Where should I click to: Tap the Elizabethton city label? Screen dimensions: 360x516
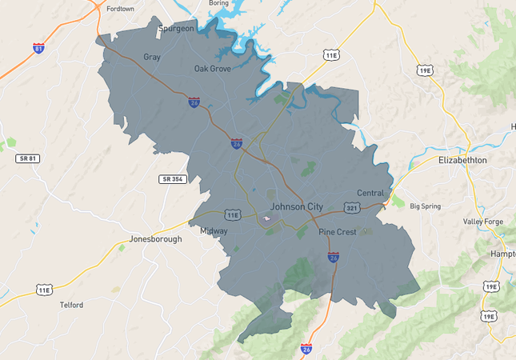pos(462,160)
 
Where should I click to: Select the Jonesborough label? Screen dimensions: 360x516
pos(156,239)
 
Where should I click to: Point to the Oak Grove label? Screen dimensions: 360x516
pos(213,69)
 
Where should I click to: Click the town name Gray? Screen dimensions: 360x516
pos(152,57)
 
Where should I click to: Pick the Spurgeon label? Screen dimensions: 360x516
pos(176,29)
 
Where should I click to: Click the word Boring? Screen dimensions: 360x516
pos(218,3)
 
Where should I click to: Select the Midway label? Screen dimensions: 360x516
pos(214,231)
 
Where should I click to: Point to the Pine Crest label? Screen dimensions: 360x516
pos(337,232)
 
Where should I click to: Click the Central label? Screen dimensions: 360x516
pos(370,194)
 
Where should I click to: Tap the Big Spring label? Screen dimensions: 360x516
pos(426,206)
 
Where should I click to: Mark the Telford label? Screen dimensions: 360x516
pos(71,305)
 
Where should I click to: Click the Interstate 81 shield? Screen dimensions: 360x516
pos(38,48)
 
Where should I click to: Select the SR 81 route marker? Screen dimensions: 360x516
pos(27,158)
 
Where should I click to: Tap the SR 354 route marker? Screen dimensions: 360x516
pos(172,178)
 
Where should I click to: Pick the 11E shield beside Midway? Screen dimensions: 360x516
pos(233,215)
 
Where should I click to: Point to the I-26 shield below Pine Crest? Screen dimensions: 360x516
pos(334,258)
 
